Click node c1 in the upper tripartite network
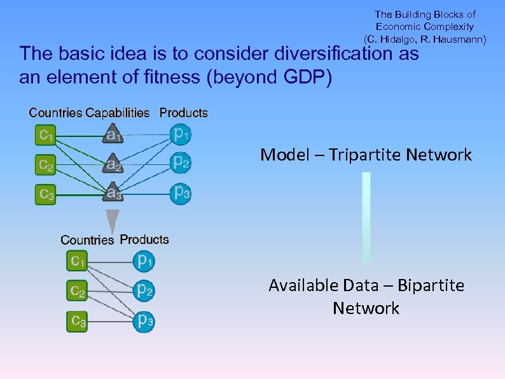(x=46, y=134)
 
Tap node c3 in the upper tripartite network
(x=46, y=192)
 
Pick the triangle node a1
(x=113, y=134)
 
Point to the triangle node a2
(x=113, y=164)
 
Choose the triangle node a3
(x=113, y=192)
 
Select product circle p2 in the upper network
(x=181, y=162)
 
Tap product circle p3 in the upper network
(x=181, y=192)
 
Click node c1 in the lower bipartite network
(x=78, y=261)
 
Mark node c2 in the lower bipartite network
(x=78, y=290)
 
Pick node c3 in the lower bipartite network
(x=78, y=321)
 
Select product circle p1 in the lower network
(x=144, y=260)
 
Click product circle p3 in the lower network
(x=144, y=321)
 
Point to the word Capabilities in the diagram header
(x=118, y=113)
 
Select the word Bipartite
(x=431, y=285)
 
